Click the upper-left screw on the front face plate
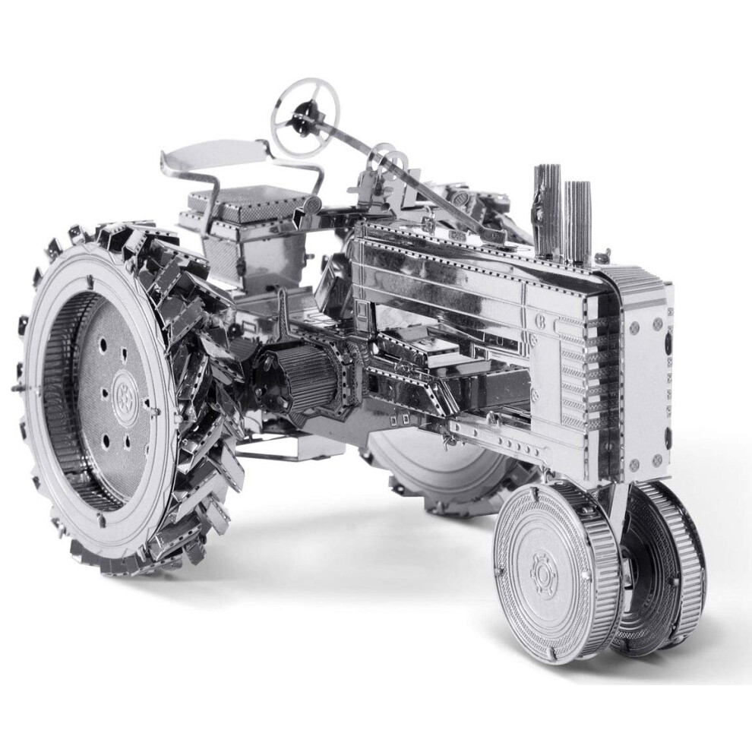[634, 326]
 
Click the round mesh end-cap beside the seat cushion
[312, 204]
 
